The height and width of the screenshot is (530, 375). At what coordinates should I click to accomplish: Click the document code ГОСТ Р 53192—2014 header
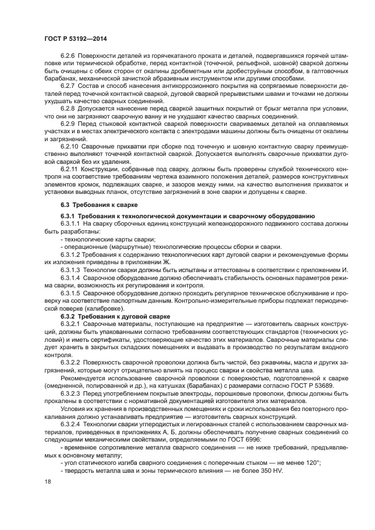click(75, 38)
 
